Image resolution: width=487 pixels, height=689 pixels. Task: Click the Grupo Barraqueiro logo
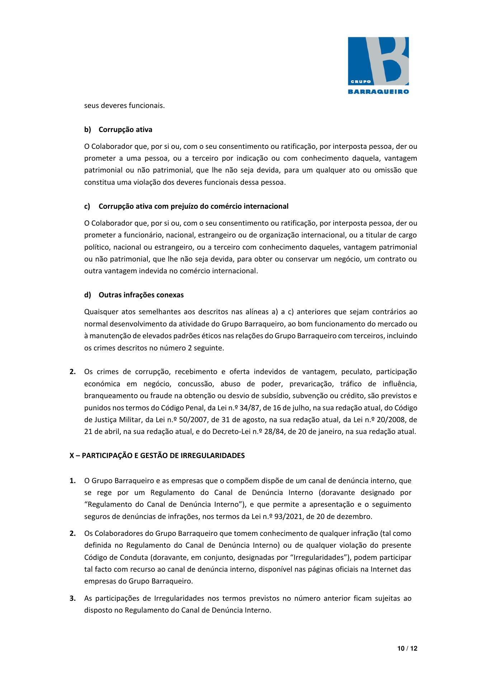point(378,65)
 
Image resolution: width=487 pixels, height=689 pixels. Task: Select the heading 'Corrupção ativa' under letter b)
point(125,129)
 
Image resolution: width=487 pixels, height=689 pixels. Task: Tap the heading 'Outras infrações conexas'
point(141,295)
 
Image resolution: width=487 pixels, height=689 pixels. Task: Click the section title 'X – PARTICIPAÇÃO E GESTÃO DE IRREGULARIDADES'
point(157,456)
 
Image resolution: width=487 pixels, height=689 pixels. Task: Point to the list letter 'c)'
point(87,206)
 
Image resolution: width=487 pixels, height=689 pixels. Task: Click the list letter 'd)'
point(88,295)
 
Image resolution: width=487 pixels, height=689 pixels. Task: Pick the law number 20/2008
point(396,420)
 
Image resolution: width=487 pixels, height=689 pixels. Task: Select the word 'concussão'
point(194,384)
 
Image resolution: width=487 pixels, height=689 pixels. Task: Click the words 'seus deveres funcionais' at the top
point(124,106)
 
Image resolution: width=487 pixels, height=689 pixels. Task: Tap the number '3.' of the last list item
point(72,598)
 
